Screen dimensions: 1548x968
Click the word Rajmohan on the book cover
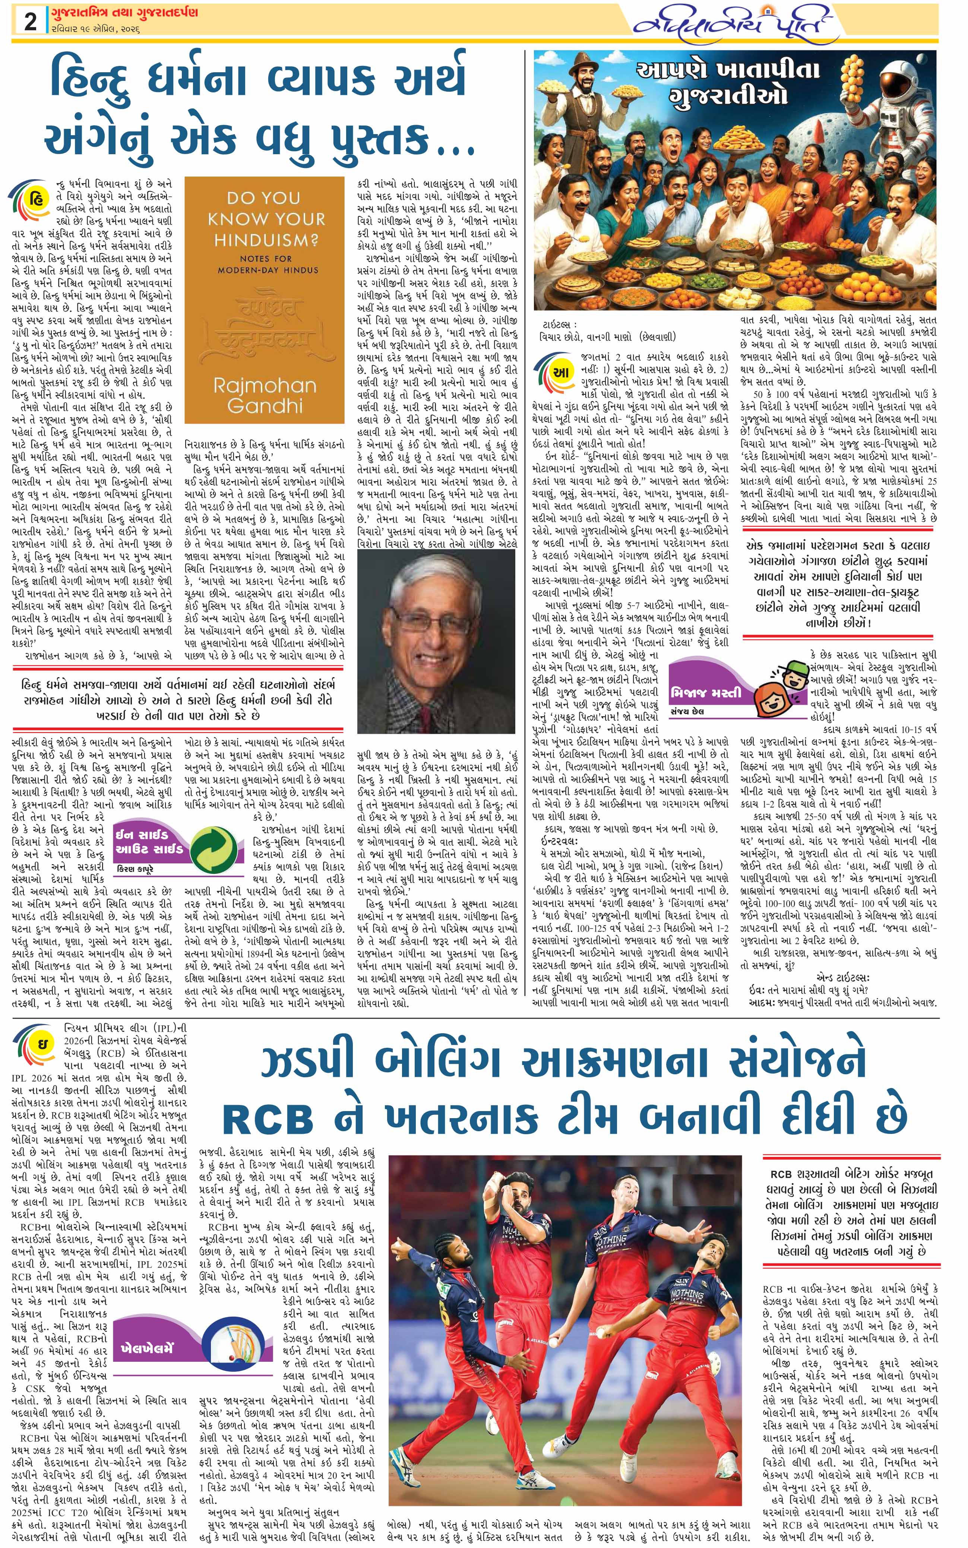264,386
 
